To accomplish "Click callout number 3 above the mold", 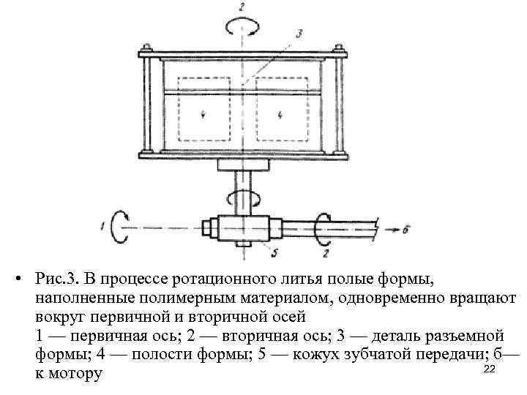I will tap(299, 33).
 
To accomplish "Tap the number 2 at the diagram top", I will tap(242, 7).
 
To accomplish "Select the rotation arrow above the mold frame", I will tap(242, 26).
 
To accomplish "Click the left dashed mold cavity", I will tap(203, 114).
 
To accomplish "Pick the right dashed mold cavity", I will tap(281, 114).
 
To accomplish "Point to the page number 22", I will tap(490, 369).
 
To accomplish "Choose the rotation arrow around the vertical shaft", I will tap(242, 197).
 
